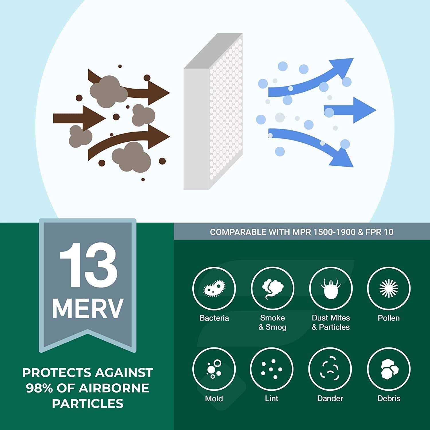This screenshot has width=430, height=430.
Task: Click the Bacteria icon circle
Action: tap(214, 288)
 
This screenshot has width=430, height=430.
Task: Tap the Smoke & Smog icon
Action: tap(272, 288)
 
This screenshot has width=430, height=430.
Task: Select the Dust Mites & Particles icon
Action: tap(331, 288)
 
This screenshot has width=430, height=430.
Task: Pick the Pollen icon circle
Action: tap(389, 288)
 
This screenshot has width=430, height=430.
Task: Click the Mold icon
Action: tap(214, 369)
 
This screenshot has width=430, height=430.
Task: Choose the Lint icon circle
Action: tap(272, 369)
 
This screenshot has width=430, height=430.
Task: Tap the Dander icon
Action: tap(330, 369)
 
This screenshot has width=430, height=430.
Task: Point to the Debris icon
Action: tap(389, 369)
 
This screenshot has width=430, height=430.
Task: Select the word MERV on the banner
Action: tap(88, 309)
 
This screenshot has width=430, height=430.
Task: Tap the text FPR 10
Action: tap(379, 232)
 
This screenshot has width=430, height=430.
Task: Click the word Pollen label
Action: tap(388, 318)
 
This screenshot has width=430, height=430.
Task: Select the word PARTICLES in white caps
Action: tap(88, 403)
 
